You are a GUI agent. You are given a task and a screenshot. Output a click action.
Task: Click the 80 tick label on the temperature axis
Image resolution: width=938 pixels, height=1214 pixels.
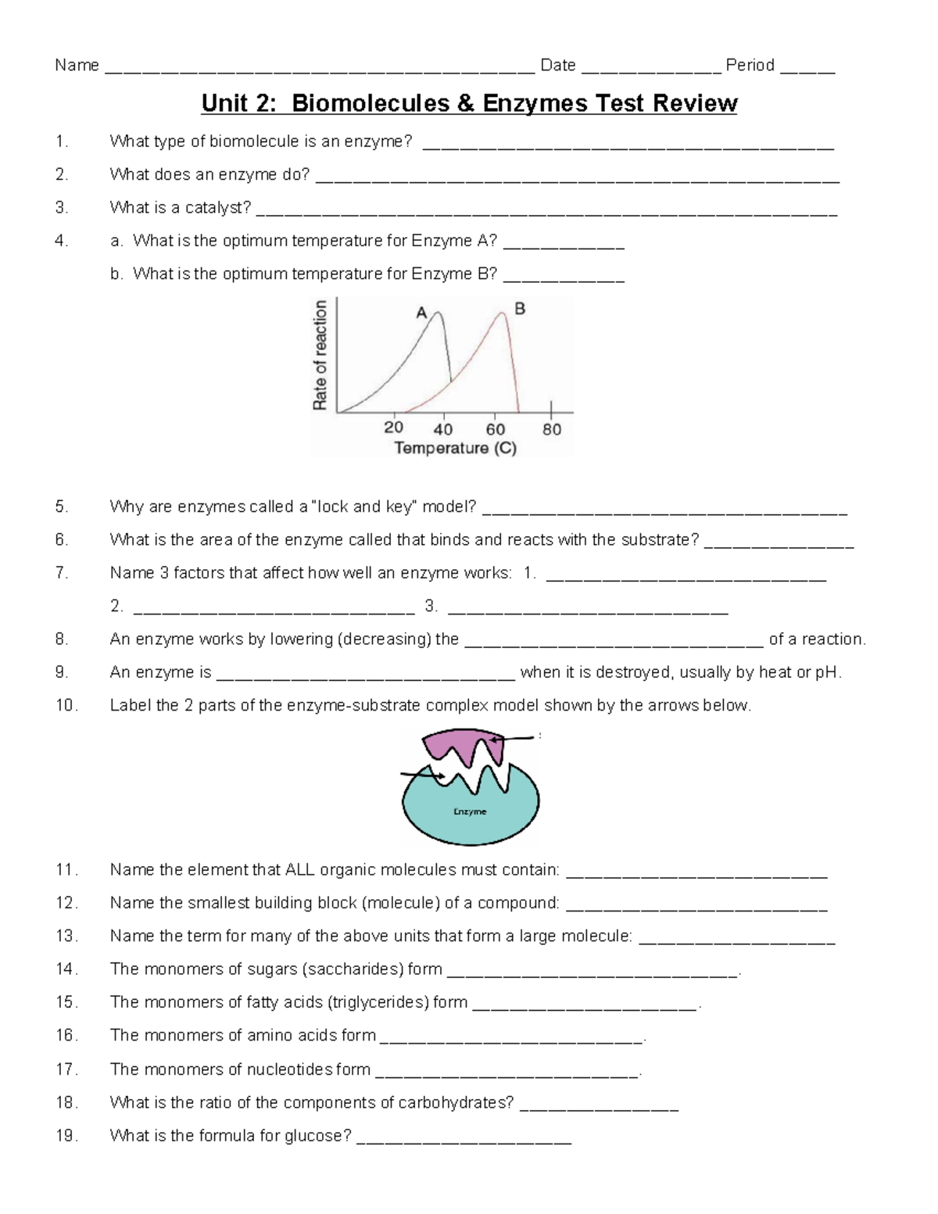click(x=552, y=428)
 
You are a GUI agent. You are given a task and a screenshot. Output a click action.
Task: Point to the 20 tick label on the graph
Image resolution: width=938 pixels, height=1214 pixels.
click(x=394, y=428)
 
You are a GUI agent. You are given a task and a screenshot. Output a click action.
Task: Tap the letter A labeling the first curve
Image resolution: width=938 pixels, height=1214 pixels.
click(x=421, y=313)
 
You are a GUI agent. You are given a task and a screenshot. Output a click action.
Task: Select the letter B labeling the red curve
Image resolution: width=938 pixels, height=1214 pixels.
click(x=520, y=310)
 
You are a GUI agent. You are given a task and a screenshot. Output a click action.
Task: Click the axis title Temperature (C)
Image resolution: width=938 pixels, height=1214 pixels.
click(x=455, y=448)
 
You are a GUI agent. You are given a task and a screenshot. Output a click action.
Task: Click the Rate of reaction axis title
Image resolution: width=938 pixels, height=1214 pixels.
click(x=320, y=355)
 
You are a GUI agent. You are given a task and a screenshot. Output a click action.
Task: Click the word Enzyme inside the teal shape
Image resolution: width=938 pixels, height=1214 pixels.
click(x=470, y=811)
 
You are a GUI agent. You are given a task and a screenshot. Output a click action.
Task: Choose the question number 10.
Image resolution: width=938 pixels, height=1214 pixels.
click(x=66, y=705)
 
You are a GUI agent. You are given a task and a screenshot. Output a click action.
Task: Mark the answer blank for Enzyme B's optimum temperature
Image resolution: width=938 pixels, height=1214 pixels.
click(x=564, y=275)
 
